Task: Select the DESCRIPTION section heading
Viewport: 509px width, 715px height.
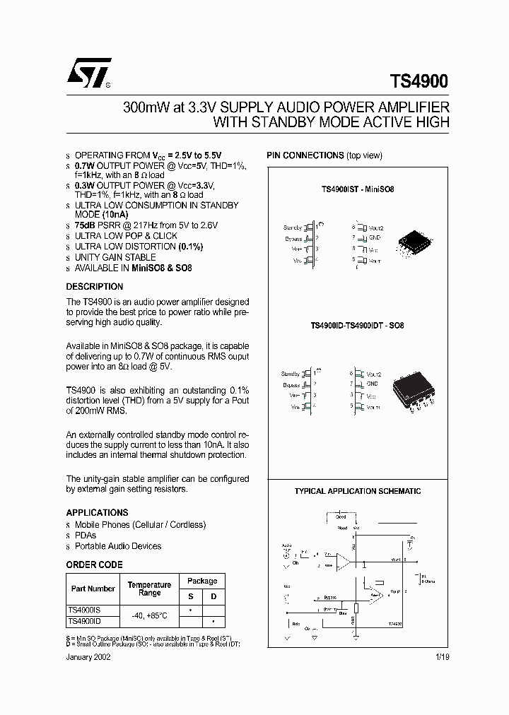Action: pyautogui.click(x=95, y=287)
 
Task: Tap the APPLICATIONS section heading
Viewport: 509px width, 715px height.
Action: pyautogui.click(x=98, y=512)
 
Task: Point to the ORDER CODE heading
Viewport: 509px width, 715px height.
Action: pyautogui.click(x=94, y=565)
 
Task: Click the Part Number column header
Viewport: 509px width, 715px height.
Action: pyautogui.click(x=93, y=589)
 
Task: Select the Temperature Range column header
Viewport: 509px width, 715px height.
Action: pyautogui.click(x=149, y=589)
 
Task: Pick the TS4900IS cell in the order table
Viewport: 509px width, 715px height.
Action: pyautogui.click(x=85, y=609)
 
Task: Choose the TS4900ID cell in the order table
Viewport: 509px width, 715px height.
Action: pyautogui.click(x=85, y=621)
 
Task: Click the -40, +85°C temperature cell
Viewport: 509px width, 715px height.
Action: pyautogui.click(x=149, y=615)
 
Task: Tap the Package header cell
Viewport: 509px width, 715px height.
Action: pyautogui.click(x=202, y=581)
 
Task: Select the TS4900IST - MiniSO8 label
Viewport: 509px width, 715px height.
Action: pyautogui.click(x=357, y=190)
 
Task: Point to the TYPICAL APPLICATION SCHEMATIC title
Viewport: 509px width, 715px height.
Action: pyautogui.click(x=357, y=491)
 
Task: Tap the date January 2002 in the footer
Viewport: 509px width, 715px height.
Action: pyautogui.click(x=88, y=656)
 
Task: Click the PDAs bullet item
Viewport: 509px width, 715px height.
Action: pyautogui.click(x=86, y=536)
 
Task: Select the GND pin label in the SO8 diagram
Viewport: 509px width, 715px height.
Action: pyautogui.click(x=372, y=384)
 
